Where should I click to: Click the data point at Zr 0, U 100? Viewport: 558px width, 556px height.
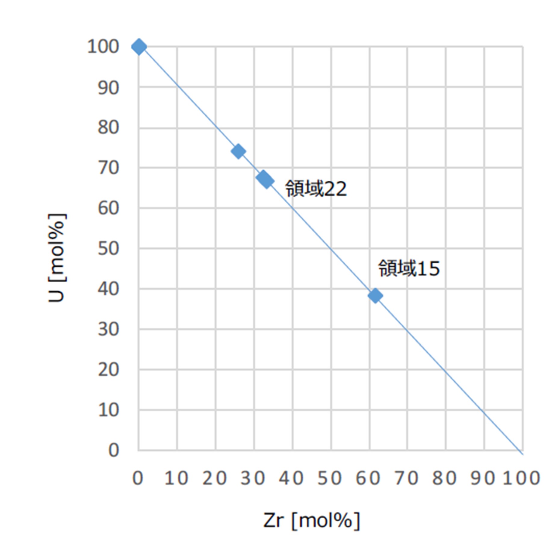pos(139,47)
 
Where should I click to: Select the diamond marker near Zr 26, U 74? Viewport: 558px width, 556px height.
pos(238,151)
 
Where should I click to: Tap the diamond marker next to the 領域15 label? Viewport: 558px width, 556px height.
pos(375,296)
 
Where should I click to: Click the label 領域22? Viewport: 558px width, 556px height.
pos(316,189)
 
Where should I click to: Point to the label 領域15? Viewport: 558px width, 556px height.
pos(409,268)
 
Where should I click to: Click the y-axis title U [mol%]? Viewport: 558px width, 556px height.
pos(57,258)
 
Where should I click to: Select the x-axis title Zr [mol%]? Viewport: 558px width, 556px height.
pos(311,520)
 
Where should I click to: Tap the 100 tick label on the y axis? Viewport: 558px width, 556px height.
pos(103,47)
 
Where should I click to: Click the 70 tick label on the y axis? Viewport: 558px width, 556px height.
pos(108,168)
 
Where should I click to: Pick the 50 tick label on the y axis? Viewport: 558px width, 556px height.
pos(108,249)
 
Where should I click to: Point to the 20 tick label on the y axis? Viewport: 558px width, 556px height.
pos(108,370)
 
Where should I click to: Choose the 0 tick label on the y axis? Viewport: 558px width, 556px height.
pos(113,450)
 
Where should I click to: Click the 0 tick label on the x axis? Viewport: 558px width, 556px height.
pos(138,478)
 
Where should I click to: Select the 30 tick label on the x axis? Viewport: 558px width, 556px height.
pos(253,478)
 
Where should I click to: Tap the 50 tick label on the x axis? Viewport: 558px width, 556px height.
pos(330,478)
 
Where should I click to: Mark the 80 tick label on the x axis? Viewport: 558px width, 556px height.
pos(445,478)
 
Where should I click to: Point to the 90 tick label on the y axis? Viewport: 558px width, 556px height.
pos(108,88)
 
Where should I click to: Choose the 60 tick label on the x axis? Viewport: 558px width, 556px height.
pos(368,478)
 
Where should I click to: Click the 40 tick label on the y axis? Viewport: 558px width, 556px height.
pos(108,289)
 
